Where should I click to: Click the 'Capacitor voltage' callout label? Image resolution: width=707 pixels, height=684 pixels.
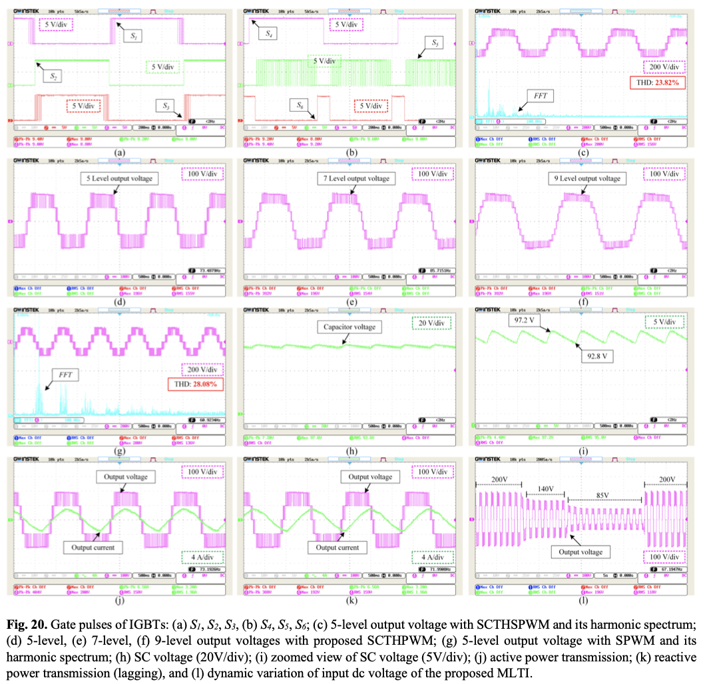click(350, 327)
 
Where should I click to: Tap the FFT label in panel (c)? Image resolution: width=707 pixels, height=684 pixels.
click(539, 95)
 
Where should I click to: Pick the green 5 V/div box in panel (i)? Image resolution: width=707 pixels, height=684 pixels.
click(664, 323)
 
